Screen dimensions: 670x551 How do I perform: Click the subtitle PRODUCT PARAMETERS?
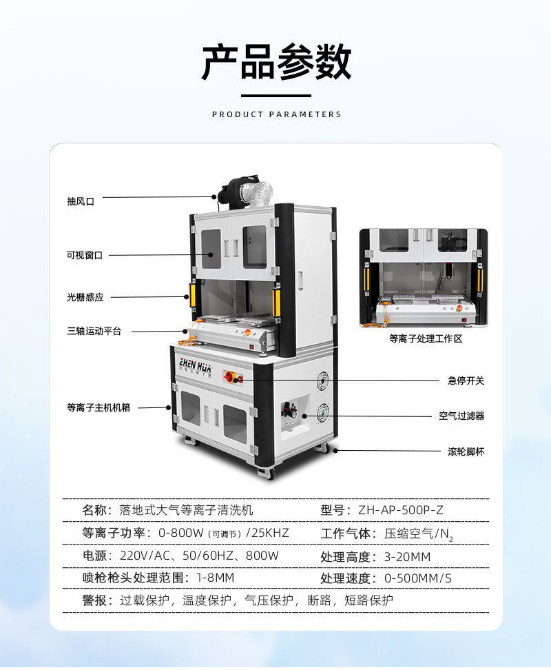tap(276, 114)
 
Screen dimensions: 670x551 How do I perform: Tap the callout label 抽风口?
tap(80, 201)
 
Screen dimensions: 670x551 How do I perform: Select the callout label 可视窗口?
tap(84, 255)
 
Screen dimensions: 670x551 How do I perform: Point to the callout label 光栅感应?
tap(85, 297)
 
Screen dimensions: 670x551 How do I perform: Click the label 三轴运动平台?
tap(94, 332)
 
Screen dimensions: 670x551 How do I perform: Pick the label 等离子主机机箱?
tap(98, 407)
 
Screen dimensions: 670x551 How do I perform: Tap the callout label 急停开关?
tap(466, 380)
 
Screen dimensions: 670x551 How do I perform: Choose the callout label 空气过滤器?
tap(461, 416)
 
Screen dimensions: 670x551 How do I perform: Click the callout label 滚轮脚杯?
tap(466, 451)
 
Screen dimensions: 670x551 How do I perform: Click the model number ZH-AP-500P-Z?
tap(401, 510)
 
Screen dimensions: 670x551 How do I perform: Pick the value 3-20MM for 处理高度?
tap(407, 556)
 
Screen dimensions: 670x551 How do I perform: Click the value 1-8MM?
tap(216, 578)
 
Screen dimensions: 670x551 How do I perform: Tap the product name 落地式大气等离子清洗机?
tap(186, 510)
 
